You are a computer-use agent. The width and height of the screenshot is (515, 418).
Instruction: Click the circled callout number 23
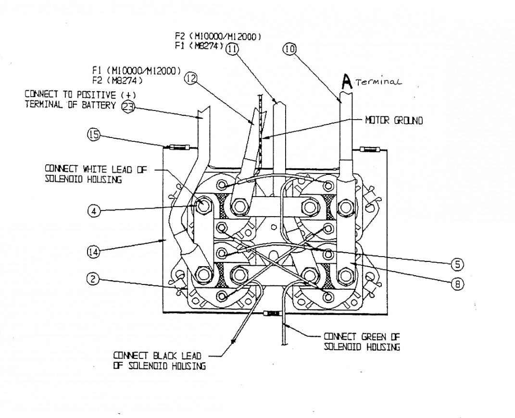(128, 106)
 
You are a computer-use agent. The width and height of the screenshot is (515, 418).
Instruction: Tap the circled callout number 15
(94, 135)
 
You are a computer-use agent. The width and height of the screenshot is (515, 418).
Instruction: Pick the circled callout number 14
(94, 252)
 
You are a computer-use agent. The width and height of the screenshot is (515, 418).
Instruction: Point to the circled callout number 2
(93, 279)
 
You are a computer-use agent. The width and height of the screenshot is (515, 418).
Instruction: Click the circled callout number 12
(191, 78)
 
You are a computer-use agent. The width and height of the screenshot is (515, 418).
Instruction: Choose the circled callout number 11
(233, 49)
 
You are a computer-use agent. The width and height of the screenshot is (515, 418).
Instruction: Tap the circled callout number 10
(289, 49)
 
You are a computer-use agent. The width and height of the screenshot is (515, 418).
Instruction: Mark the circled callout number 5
(457, 264)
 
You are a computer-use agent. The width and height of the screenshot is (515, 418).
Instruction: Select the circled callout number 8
(457, 284)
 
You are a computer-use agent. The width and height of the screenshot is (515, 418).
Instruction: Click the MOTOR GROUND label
(394, 121)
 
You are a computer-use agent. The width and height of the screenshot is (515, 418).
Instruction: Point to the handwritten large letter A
(347, 81)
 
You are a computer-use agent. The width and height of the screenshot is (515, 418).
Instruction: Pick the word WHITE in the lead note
(95, 169)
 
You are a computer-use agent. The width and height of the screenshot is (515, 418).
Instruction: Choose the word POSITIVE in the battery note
(96, 95)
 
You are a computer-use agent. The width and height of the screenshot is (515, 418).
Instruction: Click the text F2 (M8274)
(117, 80)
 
